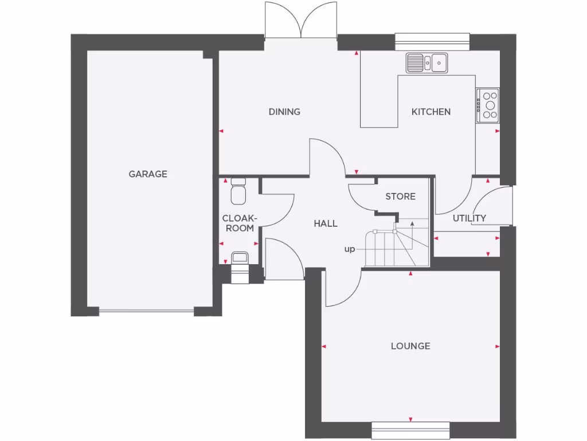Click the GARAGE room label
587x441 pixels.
(148, 174)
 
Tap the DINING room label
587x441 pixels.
(284, 112)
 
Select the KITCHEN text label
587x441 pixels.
(431, 112)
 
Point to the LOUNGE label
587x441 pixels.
(410, 346)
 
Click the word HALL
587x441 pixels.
(325, 224)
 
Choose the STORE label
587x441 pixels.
(400, 196)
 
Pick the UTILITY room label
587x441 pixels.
(469, 218)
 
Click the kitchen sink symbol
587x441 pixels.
(427, 63)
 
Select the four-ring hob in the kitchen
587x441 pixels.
(488, 105)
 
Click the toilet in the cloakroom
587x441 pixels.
(238, 191)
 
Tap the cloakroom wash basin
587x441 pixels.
(239, 258)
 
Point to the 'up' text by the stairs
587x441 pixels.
(349, 250)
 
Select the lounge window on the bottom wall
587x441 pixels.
(410, 430)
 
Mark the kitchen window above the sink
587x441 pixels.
(432, 38)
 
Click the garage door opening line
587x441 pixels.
(146, 312)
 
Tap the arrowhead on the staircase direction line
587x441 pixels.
(412, 222)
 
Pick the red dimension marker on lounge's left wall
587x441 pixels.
(324, 347)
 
